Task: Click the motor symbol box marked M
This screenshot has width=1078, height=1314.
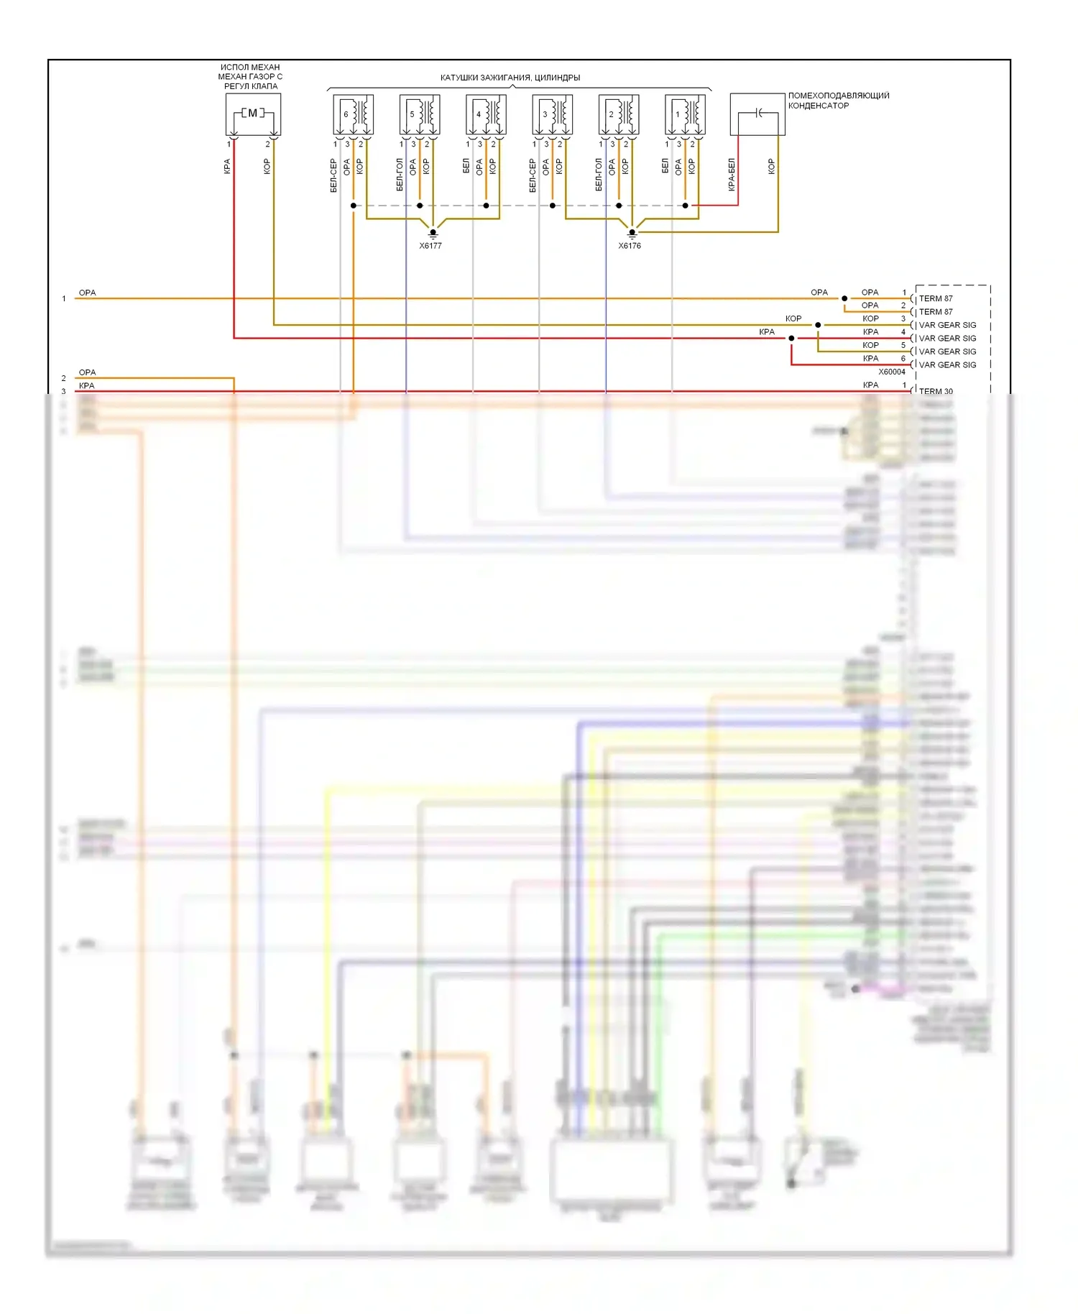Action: (x=253, y=114)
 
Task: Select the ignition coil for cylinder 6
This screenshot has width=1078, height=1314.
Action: (x=353, y=115)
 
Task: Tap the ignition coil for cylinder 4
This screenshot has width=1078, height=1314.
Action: (x=486, y=115)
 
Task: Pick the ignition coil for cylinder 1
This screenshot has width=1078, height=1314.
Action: (x=685, y=115)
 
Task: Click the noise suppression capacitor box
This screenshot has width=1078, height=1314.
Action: (x=757, y=114)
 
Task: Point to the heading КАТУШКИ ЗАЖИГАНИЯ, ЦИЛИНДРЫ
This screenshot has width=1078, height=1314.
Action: (x=510, y=78)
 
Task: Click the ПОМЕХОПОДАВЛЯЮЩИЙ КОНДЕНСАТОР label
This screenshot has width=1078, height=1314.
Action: (x=838, y=101)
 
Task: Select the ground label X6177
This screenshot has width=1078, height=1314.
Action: (x=430, y=246)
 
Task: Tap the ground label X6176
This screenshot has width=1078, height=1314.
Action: (x=630, y=246)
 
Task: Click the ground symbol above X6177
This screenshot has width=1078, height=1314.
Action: (x=433, y=233)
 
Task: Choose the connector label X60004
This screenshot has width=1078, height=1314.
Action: (x=892, y=372)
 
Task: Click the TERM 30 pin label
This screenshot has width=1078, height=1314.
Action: (x=936, y=391)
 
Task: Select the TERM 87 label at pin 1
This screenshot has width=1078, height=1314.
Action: (x=936, y=298)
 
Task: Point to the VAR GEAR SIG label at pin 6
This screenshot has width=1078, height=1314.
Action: (x=947, y=364)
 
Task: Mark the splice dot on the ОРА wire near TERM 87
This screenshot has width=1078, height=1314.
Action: (x=844, y=298)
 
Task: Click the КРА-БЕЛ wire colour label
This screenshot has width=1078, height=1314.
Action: (x=732, y=175)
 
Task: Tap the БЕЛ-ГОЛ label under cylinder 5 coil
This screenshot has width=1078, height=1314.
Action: (x=400, y=175)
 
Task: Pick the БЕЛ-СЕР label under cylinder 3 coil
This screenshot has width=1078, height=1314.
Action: (x=533, y=175)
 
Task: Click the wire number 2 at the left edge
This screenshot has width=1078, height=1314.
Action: (x=64, y=378)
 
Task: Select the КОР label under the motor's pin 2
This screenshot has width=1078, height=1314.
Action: (x=267, y=167)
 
